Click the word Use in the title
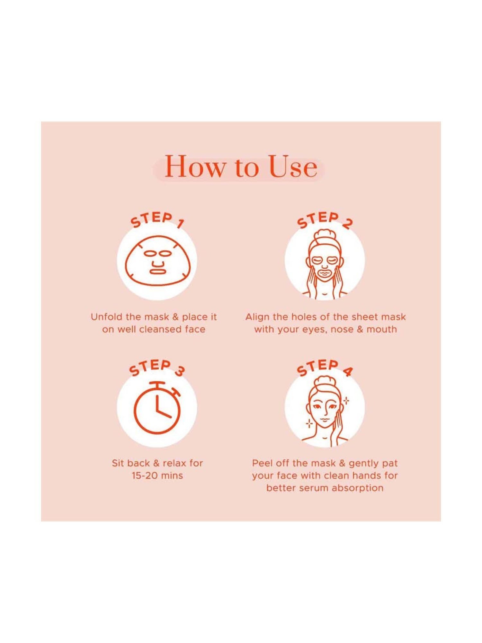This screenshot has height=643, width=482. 293,167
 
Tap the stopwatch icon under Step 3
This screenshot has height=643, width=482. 157,407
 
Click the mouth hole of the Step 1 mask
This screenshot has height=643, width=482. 157,271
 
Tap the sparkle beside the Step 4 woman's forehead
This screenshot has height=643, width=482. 346,401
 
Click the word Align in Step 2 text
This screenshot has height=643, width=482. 257,317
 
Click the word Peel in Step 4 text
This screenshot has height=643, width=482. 262,463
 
